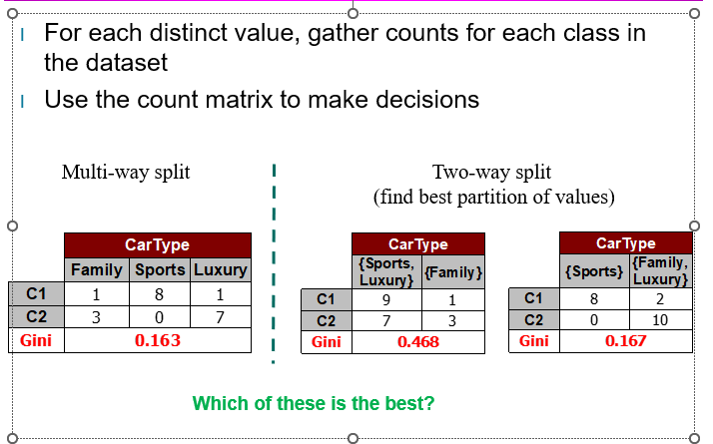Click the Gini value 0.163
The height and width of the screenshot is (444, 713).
pos(157,340)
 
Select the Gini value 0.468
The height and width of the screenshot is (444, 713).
pos(417,342)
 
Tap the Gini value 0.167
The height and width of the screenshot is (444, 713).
pos(625,341)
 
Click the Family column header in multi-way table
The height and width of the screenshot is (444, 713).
pos(96,269)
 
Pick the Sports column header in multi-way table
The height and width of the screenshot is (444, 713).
pos(160,269)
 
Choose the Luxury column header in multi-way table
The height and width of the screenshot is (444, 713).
pos(220,269)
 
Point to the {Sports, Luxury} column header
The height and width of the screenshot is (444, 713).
pos(384,272)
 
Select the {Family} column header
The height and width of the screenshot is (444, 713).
pos(452,272)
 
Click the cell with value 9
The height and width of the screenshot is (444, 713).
pos(384,298)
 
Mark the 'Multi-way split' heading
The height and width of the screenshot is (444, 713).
pos(126,172)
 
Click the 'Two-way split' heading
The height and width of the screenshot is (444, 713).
pos(491,172)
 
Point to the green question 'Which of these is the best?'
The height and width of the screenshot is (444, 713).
pos(313,404)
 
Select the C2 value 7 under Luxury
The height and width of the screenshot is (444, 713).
pos(220,317)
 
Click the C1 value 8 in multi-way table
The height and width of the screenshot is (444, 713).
pos(160,295)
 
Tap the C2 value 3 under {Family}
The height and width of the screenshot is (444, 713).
pos(452,320)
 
